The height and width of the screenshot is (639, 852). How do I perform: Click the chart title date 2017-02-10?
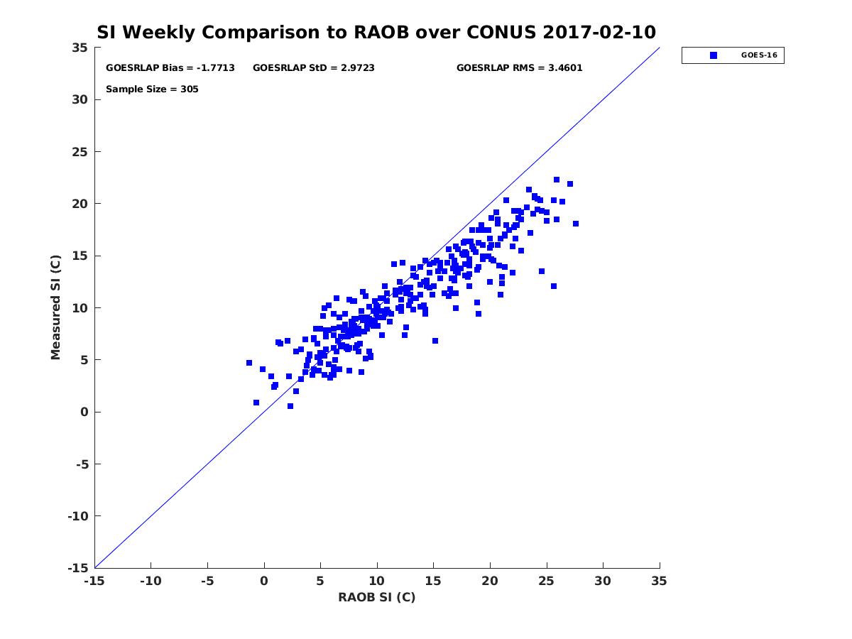tap(599, 32)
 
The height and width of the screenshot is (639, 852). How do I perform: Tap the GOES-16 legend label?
tap(759, 55)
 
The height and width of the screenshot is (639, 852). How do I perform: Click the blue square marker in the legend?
tap(714, 55)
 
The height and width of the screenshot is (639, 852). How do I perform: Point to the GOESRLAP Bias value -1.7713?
tap(215, 68)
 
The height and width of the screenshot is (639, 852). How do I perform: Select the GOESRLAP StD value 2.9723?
tap(358, 68)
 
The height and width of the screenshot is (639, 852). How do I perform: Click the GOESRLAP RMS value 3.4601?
tap(565, 68)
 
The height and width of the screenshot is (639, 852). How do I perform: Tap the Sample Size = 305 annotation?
tap(152, 89)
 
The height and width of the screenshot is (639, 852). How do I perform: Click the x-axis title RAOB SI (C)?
tap(376, 597)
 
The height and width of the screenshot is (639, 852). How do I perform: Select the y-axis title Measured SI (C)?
tap(55, 307)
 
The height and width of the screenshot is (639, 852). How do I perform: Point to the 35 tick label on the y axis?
tap(80, 48)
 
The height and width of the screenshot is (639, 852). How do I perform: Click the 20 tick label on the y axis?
tap(80, 204)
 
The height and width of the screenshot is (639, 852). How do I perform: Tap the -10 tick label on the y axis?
tap(78, 516)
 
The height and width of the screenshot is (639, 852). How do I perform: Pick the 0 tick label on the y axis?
tap(84, 412)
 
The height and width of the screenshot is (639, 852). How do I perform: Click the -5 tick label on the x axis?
tap(207, 581)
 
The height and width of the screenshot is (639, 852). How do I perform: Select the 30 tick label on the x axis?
tap(603, 581)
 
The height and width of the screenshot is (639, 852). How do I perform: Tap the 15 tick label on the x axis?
tap(433, 581)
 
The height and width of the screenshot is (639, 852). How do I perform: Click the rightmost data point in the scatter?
tap(576, 224)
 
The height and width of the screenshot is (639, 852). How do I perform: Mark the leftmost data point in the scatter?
tap(249, 363)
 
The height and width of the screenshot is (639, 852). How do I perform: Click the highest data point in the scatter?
tap(557, 180)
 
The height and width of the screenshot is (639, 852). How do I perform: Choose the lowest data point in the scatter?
tap(290, 406)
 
